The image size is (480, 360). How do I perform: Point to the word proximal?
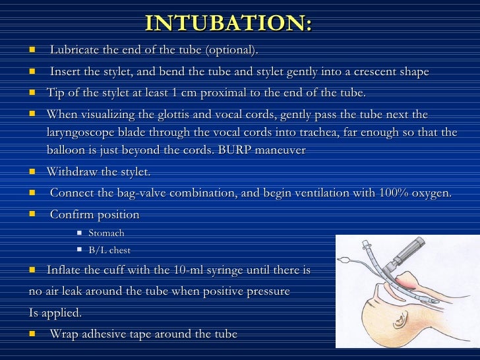pyautogui.click(x=249, y=93)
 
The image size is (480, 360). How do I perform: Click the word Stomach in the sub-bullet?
pyautogui.click(x=106, y=233)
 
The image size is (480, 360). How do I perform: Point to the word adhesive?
pyautogui.click(x=115, y=334)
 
